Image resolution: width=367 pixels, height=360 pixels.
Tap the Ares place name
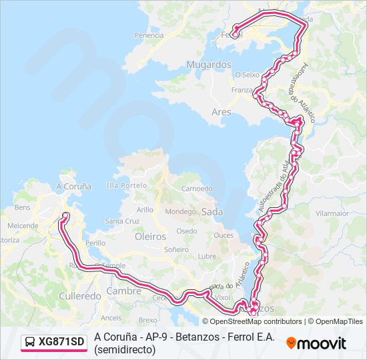pyautogui.click(x=221, y=112)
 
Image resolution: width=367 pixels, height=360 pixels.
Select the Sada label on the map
pyautogui.click(x=212, y=211)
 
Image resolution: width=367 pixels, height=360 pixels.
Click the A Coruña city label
pyautogui.click(x=73, y=187)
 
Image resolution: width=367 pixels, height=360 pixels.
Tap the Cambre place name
pyautogui.click(x=124, y=291)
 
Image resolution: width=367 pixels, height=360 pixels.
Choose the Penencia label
pyautogui.click(x=149, y=35)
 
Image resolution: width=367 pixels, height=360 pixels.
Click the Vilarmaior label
pyautogui.click(x=332, y=213)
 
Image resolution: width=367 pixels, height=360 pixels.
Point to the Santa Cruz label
pyautogui.click(x=122, y=221)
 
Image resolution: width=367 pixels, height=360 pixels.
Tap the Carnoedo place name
pyautogui.click(x=197, y=189)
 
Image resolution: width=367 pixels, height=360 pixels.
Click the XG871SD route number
pyautogui.click(x=61, y=342)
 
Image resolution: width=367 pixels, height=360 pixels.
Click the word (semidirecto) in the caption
pyautogui.click(x=125, y=349)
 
